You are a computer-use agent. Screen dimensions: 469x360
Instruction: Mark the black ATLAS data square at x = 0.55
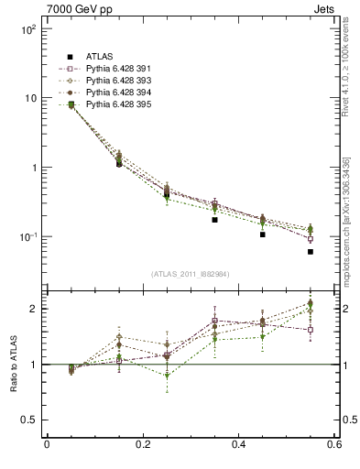click(x=311, y=251)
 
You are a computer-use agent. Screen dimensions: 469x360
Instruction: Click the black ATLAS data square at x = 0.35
click(x=214, y=220)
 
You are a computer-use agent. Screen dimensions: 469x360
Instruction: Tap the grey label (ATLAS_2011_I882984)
click(x=191, y=273)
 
